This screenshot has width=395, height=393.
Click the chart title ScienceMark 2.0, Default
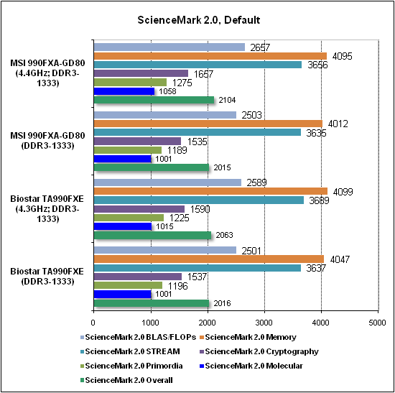(198, 20)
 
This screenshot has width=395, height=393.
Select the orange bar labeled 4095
(210, 56)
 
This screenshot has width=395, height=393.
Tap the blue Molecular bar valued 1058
(124, 91)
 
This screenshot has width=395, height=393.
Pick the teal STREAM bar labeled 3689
(198, 200)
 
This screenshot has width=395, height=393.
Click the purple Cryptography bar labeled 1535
(137, 141)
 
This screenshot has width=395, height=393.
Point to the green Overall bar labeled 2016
(151, 303)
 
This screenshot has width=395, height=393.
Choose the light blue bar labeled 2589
(167, 182)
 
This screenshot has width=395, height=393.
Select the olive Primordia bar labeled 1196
(128, 285)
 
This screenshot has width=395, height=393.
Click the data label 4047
(340, 259)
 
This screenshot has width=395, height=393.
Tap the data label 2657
(260, 47)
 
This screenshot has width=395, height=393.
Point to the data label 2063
(225, 235)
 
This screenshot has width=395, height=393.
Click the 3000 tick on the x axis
(264, 323)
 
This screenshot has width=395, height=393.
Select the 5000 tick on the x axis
(377, 323)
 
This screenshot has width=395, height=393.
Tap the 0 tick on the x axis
(93, 323)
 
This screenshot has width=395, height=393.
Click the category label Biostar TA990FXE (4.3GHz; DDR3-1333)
(47, 209)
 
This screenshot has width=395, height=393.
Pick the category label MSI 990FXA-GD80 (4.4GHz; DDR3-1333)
(47, 73)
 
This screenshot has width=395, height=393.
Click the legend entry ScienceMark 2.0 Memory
(248, 337)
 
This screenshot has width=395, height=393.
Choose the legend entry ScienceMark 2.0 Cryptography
(259, 351)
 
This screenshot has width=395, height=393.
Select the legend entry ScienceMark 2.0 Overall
(126, 380)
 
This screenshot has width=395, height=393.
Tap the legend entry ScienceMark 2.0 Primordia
(131, 366)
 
